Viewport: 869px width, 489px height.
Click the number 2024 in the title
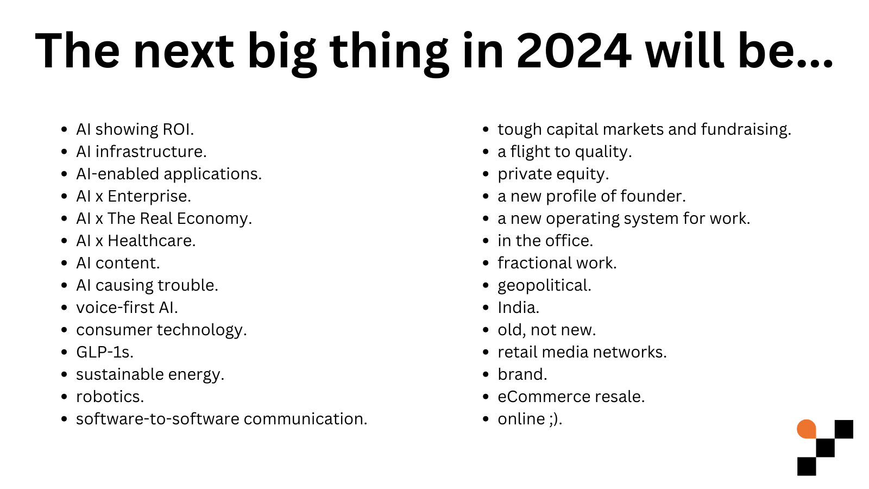(x=574, y=51)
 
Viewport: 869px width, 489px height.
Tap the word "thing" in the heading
(x=389, y=51)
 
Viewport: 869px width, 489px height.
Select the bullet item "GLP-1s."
(x=104, y=352)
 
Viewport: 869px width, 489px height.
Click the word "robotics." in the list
(x=110, y=397)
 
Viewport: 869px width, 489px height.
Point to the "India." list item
(x=518, y=308)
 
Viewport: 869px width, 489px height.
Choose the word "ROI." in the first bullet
(x=178, y=129)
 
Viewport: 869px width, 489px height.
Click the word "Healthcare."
(x=152, y=241)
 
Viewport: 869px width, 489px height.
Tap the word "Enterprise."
(x=149, y=196)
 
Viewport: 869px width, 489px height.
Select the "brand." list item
(x=522, y=374)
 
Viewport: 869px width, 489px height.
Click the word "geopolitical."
(x=544, y=285)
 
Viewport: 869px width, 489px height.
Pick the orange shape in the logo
(x=807, y=429)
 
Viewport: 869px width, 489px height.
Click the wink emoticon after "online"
(x=553, y=419)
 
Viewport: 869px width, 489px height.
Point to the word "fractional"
(x=534, y=263)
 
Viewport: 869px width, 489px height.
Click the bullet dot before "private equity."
(x=486, y=174)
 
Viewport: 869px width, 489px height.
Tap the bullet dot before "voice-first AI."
(x=65, y=308)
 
